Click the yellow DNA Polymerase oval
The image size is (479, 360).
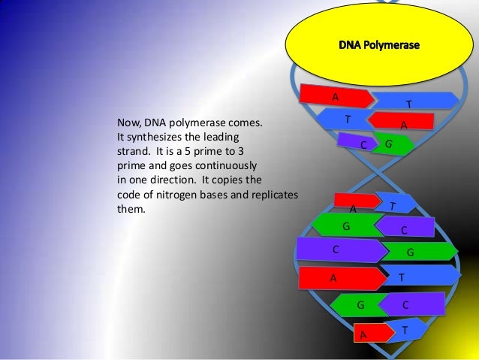(x=379, y=44)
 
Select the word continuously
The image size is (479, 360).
(x=226, y=166)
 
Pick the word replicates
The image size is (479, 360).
(x=275, y=195)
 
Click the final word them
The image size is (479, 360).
(x=131, y=209)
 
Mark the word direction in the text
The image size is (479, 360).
(x=173, y=180)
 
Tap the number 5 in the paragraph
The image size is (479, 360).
(x=187, y=151)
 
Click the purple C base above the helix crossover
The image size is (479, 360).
(x=357, y=141)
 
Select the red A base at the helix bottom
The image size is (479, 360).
(x=374, y=333)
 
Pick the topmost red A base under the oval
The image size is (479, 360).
(x=336, y=96)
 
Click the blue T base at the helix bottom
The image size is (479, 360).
(x=407, y=330)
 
